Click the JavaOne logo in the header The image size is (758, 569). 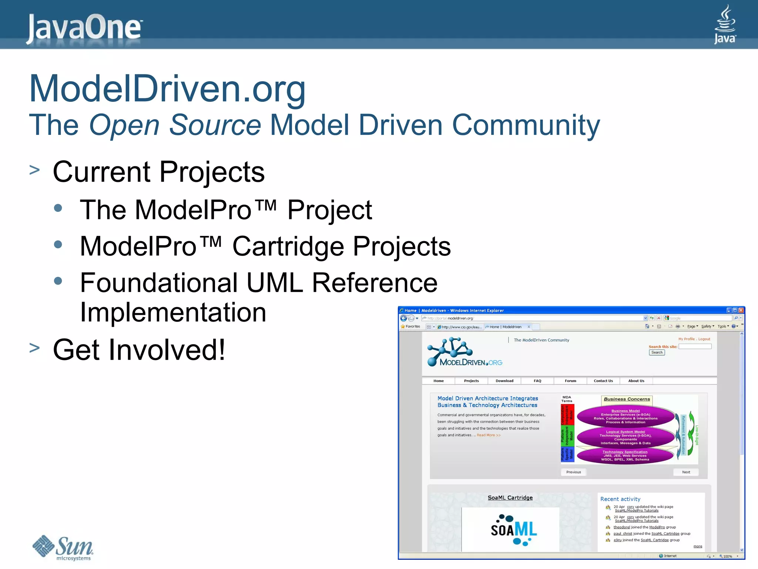[x=84, y=27]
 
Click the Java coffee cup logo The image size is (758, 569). [x=725, y=24]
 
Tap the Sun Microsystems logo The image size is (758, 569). [x=63, y=548]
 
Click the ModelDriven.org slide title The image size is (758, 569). [x=167, y=89]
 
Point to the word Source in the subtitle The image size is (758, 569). [x=215, y=125]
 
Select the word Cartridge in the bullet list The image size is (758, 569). [x=288, y=246]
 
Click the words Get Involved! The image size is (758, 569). [x=139, y=350]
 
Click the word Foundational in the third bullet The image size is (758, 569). [x=158, y=283]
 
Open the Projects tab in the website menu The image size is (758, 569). [x=471, y=381]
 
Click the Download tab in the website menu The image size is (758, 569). [x=504, y=381]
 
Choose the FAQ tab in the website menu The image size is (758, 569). [x=537, y=381]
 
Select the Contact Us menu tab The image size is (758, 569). [x=603, y=381]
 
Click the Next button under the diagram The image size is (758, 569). [x=686, y=472]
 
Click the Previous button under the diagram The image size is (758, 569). [x=573, y=472]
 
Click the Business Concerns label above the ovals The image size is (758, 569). [x=627, y=399]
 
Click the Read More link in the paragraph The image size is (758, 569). [x=488, y=435]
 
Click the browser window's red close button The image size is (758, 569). [x=741, y=310]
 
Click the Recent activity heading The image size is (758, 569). [x=620, y=499]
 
